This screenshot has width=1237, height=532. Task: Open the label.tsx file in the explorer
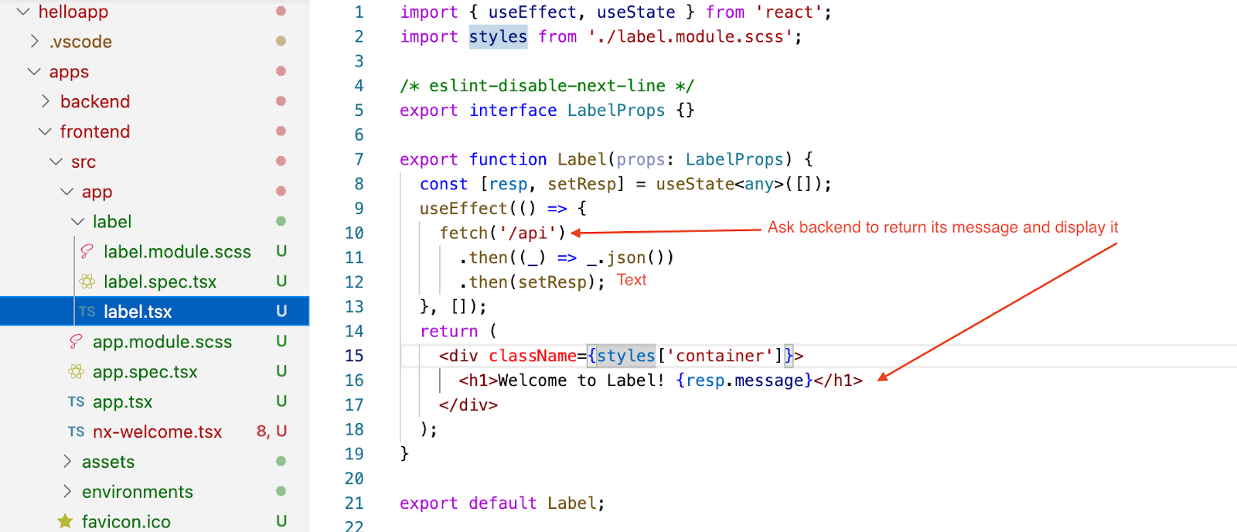tap(138, 312)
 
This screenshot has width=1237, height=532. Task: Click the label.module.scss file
tap(177, 252)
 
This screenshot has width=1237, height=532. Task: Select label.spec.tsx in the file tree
tap(160, 282)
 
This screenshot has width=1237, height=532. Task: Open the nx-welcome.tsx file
tap(157, 432)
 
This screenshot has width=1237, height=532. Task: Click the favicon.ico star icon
tap(66, 522)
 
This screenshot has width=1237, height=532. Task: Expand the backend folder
tap(94, 102)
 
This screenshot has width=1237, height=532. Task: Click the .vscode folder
tap(80, 42)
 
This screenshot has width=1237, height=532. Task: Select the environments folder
tap(137, 493)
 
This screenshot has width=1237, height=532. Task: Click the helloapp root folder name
tap(73, 12)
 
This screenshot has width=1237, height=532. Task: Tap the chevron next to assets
tap(67, 462)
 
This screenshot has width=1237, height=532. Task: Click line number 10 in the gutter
tap(354, 233)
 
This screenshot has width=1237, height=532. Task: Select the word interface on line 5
tap(513, 111)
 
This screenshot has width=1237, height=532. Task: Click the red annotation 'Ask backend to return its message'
tap(942, 227)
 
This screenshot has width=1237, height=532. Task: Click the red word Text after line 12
tap(631, 280)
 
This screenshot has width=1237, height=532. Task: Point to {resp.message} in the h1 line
tap(744, 380)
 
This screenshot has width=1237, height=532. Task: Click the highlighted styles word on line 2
tap(498, 36)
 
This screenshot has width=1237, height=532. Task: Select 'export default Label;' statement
tap(502, 503)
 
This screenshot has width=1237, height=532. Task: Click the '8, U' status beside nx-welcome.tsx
tap(271, 431)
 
